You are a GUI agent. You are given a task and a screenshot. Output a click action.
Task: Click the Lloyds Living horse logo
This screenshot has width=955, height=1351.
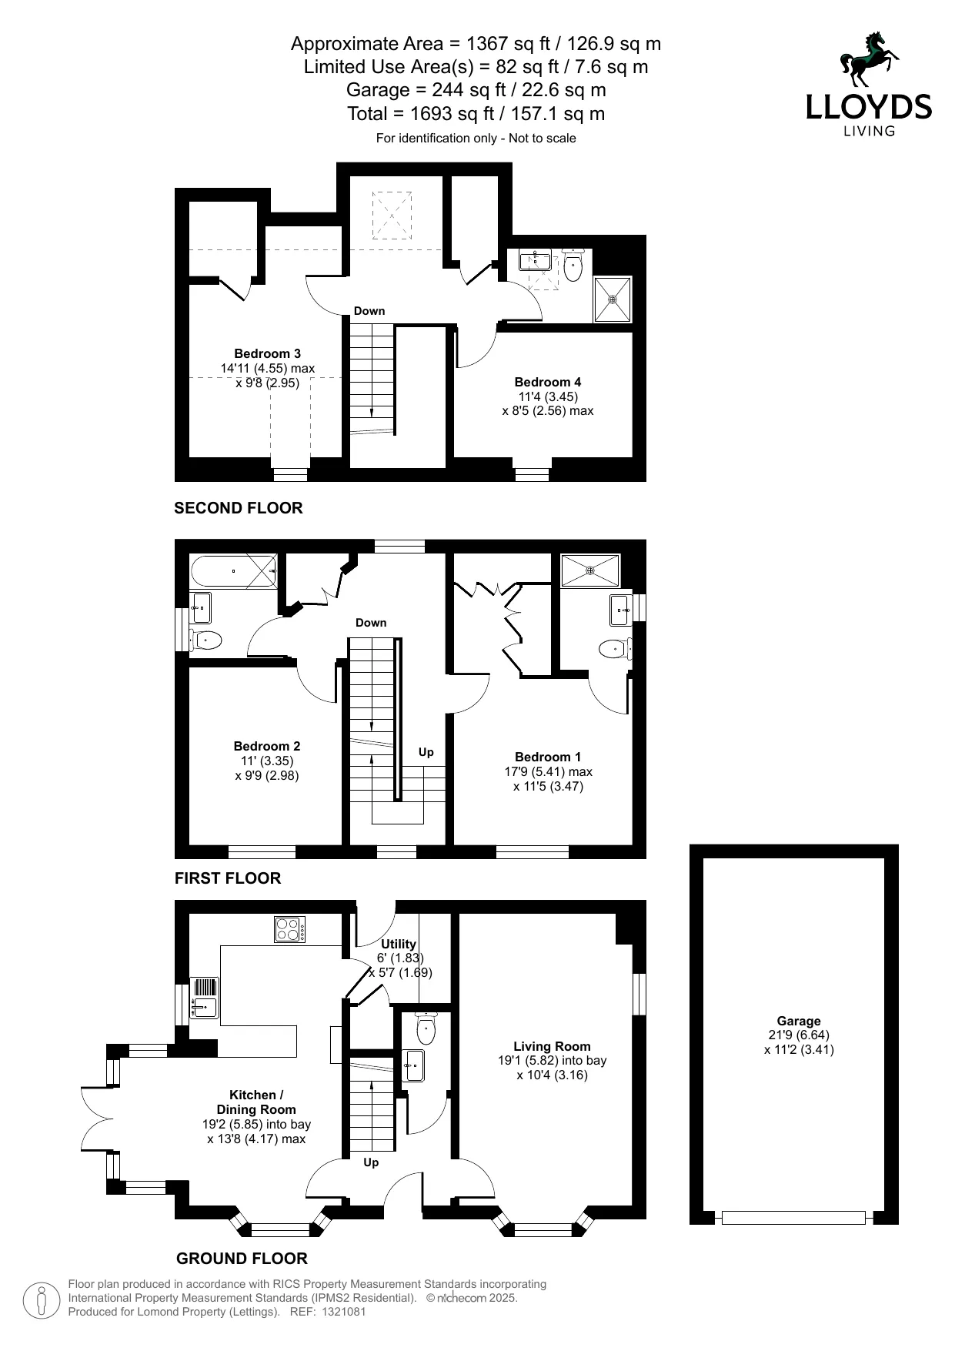pyautogui.click(x=870, y=59)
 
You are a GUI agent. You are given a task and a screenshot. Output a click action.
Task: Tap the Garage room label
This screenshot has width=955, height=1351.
pyautogui.click(x=799, y=1021)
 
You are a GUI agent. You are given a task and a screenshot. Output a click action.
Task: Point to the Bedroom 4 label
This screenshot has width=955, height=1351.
pyautogui.click(x=548, y=382)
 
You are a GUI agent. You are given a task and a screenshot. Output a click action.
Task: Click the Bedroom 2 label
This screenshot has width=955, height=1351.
pyautogui.click(x=267, y=746)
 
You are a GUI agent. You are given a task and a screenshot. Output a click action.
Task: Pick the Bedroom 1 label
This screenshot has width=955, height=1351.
pyautogui.click(x=548, y=757)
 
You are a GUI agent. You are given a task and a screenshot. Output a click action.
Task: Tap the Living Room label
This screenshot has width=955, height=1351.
pyautogui.click(x=552, y=1046)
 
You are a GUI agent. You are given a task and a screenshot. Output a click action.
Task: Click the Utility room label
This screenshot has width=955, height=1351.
pyautogui.click(x=399, y=944)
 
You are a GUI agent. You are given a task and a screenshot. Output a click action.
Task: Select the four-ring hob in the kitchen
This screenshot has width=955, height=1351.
pyautogui.click(x=290, y=929)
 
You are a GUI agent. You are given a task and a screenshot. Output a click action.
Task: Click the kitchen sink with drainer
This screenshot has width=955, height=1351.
pyautogui.click(x=205, y=997)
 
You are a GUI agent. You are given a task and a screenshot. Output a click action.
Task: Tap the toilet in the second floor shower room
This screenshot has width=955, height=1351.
pyautogui.click(x=573, y=266)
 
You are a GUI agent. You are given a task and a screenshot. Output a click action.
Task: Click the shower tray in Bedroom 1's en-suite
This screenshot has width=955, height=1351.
pyautogui.click(x=590, y=570)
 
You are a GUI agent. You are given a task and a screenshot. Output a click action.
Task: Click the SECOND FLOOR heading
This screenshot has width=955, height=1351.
pyautogui.click(x=239, y=508)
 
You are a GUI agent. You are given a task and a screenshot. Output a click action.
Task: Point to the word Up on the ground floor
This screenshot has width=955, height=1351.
pyautogui.click(x=371, y=1162)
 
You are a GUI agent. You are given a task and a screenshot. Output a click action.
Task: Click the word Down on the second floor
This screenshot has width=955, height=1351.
pyautogui.click(x=369, y=311)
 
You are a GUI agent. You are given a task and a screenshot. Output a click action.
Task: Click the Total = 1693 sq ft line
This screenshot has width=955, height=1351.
pyautogui.click(x=476, y=114)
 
